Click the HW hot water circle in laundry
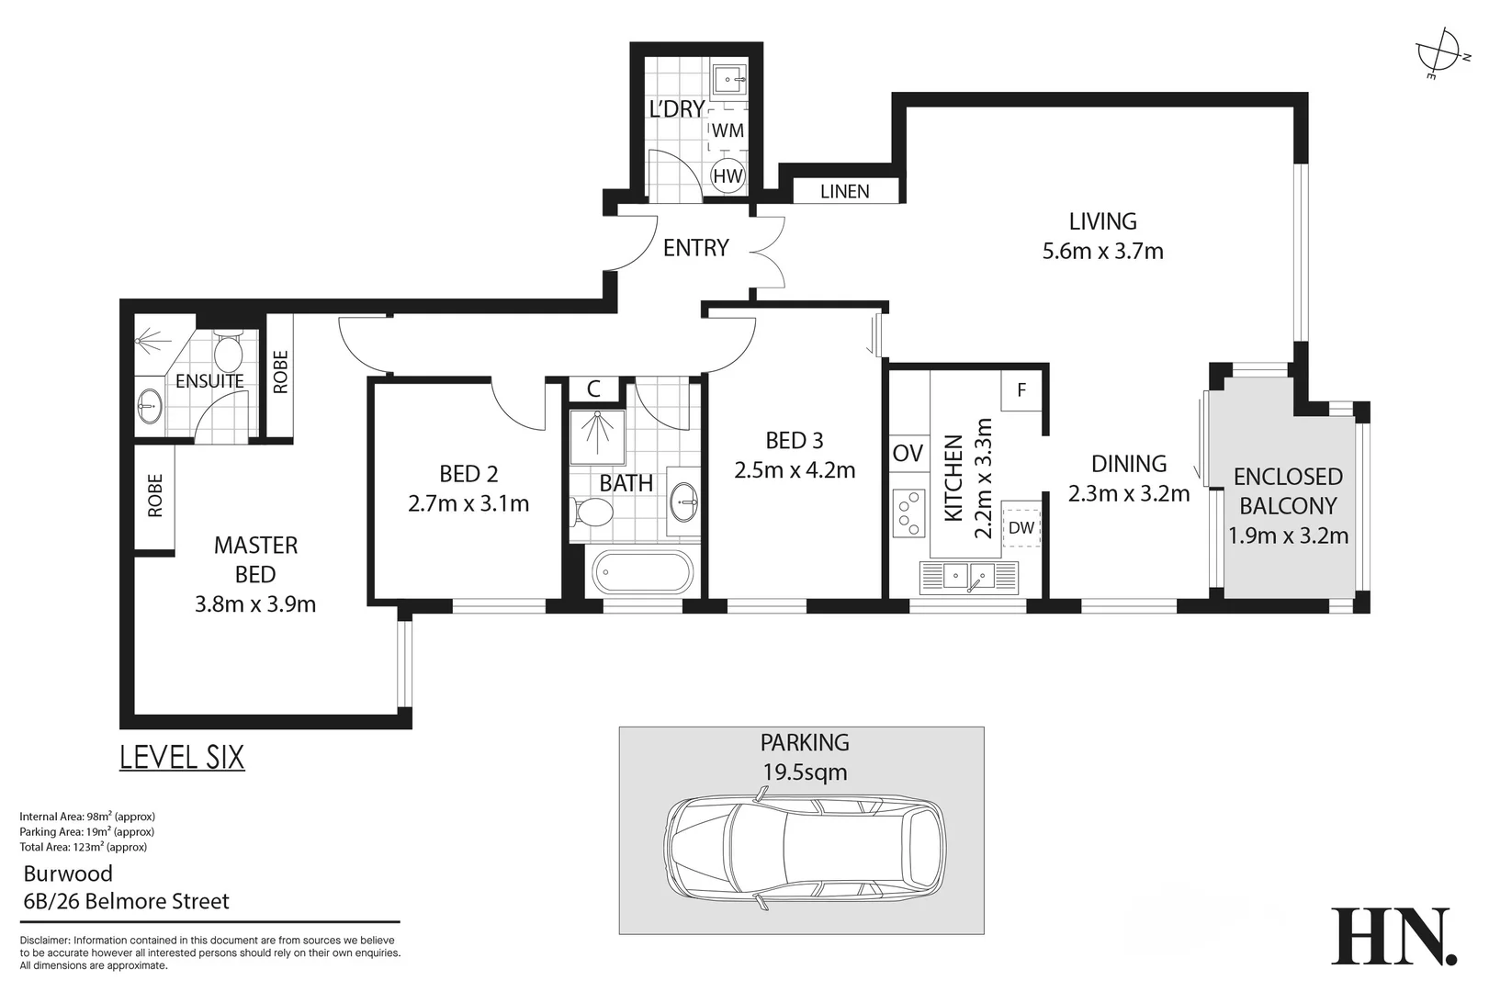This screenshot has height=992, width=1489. [x=728, y=175]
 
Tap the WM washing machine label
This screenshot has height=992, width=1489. [x=728, y=130]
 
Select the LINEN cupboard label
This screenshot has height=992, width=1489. [x=844, y=191]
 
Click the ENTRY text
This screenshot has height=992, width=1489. [x=695, y=248]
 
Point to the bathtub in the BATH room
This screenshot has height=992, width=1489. [x=641, y=572]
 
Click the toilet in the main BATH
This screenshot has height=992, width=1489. [x=592, y=512]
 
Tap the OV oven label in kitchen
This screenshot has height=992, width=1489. [x=908, y=453]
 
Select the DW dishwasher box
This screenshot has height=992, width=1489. [x=1021, y=527]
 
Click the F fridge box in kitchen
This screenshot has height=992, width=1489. [x=1021, y=390]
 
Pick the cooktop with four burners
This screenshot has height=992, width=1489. [x=908, y=513]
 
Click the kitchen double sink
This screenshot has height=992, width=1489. [x=968, y=577]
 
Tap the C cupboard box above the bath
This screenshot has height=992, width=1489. [x=593, y=389]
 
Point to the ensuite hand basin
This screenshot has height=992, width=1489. [x=149, y=403]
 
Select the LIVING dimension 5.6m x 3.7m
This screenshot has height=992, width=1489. [x=1102, y=251]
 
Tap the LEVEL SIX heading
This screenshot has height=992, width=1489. [x=182, y=757]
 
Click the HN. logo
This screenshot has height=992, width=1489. [x=1393, y=937]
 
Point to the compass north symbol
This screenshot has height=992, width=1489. [x=1439, y=54]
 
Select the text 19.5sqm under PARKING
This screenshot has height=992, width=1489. [x=805, y=772]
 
